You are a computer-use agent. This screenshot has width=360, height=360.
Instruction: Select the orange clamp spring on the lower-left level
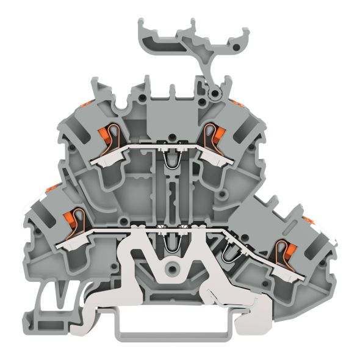click(x=71, y=218)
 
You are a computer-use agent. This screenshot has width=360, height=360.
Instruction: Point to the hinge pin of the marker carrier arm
click(x=213, y=93)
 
